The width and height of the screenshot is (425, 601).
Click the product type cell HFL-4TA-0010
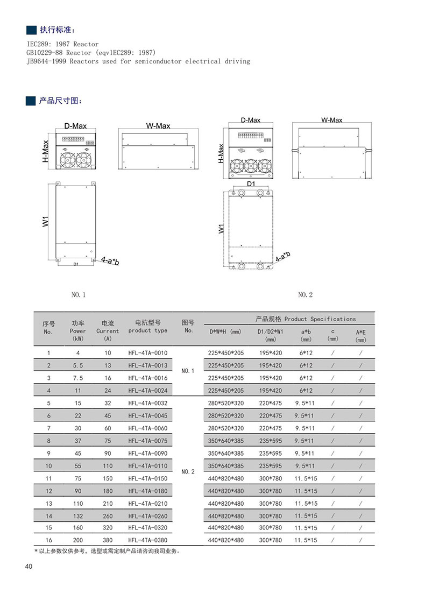[148, 353]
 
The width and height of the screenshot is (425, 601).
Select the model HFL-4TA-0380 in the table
[148, 540]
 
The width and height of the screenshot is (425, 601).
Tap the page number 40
[29, 566]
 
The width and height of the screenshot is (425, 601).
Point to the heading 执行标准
[58, 29]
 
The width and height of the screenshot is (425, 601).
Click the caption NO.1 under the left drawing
[79, 295]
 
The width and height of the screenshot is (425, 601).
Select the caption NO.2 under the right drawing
[305, 295]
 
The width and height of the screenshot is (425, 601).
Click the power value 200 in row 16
[77, 540]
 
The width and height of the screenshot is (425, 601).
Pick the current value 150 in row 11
[108, 478]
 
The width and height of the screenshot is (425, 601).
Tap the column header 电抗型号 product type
[148, 327]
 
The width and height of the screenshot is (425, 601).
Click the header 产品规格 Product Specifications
[305, 319]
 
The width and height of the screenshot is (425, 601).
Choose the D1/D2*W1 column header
[270, 335]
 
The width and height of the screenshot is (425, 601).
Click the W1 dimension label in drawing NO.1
[46, 221]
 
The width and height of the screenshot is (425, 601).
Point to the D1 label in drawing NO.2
[250, 184]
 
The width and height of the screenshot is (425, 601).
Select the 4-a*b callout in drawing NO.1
[110, 261]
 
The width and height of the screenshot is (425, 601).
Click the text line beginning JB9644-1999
[138, 61]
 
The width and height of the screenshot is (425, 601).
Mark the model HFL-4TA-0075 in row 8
[148, 441]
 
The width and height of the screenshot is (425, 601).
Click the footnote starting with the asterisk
[108, 551]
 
